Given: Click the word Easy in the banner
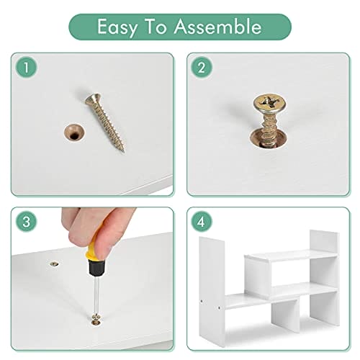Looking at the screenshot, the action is tap(117, 27).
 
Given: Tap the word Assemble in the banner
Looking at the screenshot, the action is tap(217, 26).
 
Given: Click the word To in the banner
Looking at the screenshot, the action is tap(156, 26).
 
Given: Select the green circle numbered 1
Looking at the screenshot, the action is tap(26, 67).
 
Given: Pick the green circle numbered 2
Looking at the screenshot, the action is tap(202, 67).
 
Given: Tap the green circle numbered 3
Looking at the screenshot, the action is tap(26, 221).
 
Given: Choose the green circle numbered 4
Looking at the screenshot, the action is tap(202, 221).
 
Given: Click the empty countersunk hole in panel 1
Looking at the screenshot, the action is tap(74, 132).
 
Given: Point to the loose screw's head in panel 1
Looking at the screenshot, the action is tap(93, 99).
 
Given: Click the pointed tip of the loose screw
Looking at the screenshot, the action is tap(123, 151).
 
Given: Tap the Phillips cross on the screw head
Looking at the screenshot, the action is tap(269, 103).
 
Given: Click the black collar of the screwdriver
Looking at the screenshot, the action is tap(96, 268).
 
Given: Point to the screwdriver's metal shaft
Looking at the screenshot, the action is tap(96, 295).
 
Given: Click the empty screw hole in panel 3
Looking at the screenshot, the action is tap(55, 264).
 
